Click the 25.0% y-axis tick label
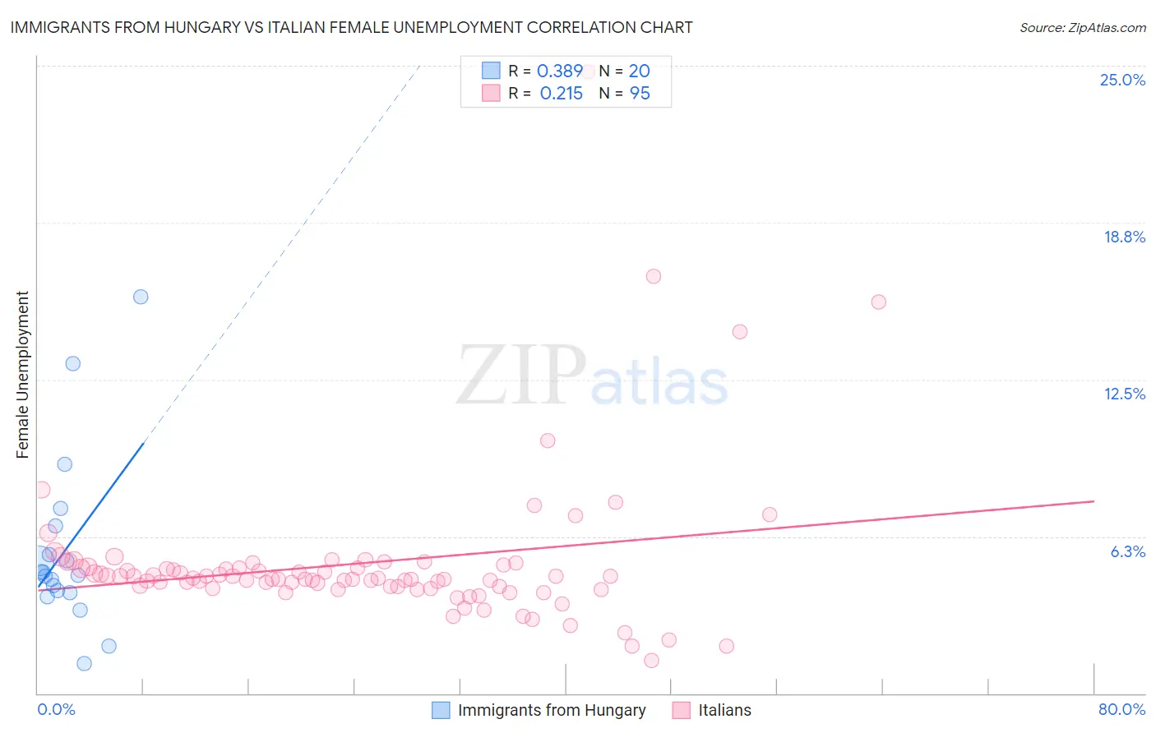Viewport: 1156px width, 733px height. coord(1122,80)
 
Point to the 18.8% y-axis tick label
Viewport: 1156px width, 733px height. coord(1124,237)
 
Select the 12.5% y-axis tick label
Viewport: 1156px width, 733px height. coord(1124,394)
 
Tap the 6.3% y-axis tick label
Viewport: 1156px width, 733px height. coord(1127,551)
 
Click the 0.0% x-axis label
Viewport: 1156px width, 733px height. coord(56,709)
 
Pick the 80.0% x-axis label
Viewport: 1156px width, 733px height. coord(1121,709)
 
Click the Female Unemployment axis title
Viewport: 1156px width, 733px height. coord(22,375)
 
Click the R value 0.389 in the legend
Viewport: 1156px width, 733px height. coord(560,71)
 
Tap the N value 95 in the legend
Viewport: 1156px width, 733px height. coord(640,94)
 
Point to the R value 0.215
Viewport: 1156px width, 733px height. coord(561,94)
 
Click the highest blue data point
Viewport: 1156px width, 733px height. coord(141,297)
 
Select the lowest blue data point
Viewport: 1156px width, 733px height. coord(84,663)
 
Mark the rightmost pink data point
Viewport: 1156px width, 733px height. coord(878,302)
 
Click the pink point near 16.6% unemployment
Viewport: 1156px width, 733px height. coord(654,276)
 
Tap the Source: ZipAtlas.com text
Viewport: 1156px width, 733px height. coord(1082,28)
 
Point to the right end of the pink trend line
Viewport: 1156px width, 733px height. coord(1094,501)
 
